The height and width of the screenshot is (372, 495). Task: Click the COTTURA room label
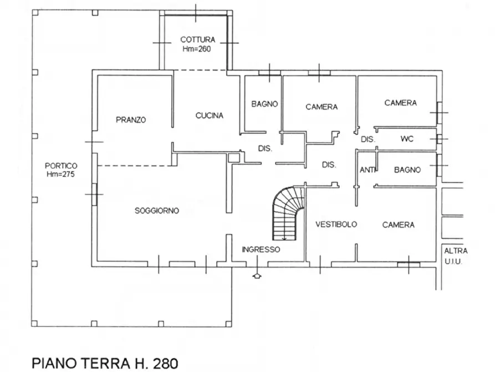pyautogui.click(x=198, y=39)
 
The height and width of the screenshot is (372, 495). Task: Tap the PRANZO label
pyautogui.click(x=131, y=120)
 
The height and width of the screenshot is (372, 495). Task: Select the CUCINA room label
pyautogui.click(x=210, y=115)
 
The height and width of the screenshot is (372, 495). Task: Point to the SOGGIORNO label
pyautogui.click(x=156, y=210)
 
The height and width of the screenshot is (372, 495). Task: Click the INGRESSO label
pyautogui.click(x=261, y=250)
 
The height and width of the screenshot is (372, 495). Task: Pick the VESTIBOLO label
pyautogui.click(x=336, y=224)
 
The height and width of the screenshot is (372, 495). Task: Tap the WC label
pyautogui.click(x=407, y=139)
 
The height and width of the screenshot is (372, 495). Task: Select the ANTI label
pyautogui.click(x=367, y=170)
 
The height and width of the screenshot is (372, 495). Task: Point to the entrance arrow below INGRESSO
pyautogui.click(x=257, y=276)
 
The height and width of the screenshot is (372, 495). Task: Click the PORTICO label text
pyautogui.click(x=61, y=166)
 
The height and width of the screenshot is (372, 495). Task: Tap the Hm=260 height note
pyautogui.click(x=197, y=49)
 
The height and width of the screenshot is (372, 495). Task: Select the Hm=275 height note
pyautogui.click(x=60, y=174)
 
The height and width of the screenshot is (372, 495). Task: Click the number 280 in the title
pyautogui.click(x=166, y=364)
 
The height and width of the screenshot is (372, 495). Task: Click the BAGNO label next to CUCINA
pyautogui.click(x=264, y=104)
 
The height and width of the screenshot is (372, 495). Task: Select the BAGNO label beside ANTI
pyautogui.click(x=407, y=170)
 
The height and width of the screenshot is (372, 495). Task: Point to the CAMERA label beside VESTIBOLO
pyautogui.click(x=398, y=225)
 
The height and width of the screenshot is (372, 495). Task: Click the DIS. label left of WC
pyautogui.click(x=368, y=139)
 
